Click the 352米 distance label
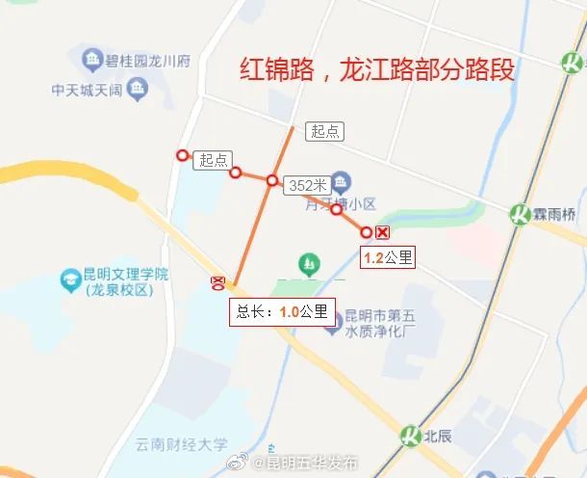pos(307,185)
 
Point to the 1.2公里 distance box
pos(388,257)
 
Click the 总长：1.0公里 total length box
pos(281,311)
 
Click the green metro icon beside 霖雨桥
pos(522,213)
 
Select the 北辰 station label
pos(436,435)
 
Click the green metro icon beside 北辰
pos(412,435)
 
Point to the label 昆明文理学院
pos(125,275)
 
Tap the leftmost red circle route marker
pos(181,155)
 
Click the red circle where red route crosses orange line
pos(273,180)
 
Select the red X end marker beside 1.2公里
pos(382,232)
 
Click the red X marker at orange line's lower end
pos(218,281)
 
